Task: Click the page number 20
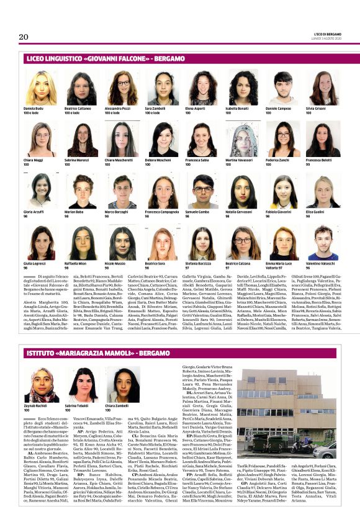click(x=24, y=37)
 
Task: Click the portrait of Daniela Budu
click(x=40, y=88)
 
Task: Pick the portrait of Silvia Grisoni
click(x=321, y=88)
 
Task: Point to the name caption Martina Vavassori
click(x=239, y=163)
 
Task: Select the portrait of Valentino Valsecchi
click(x=321, y=243)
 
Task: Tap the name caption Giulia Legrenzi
click(x=35, y=263)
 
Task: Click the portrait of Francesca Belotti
click(x=321, y=140)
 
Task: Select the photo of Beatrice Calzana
click(x=241, y=243)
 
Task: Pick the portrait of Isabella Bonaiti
click(x=241, y=88)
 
